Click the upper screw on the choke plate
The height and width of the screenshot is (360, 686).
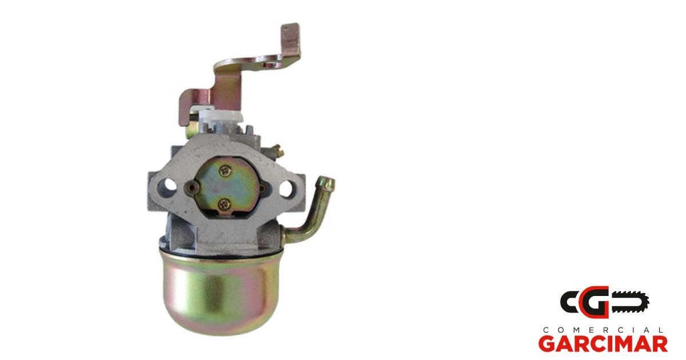coord(226,170)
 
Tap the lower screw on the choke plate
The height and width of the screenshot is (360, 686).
coord(225,203)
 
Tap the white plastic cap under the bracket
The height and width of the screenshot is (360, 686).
coord(221,117)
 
